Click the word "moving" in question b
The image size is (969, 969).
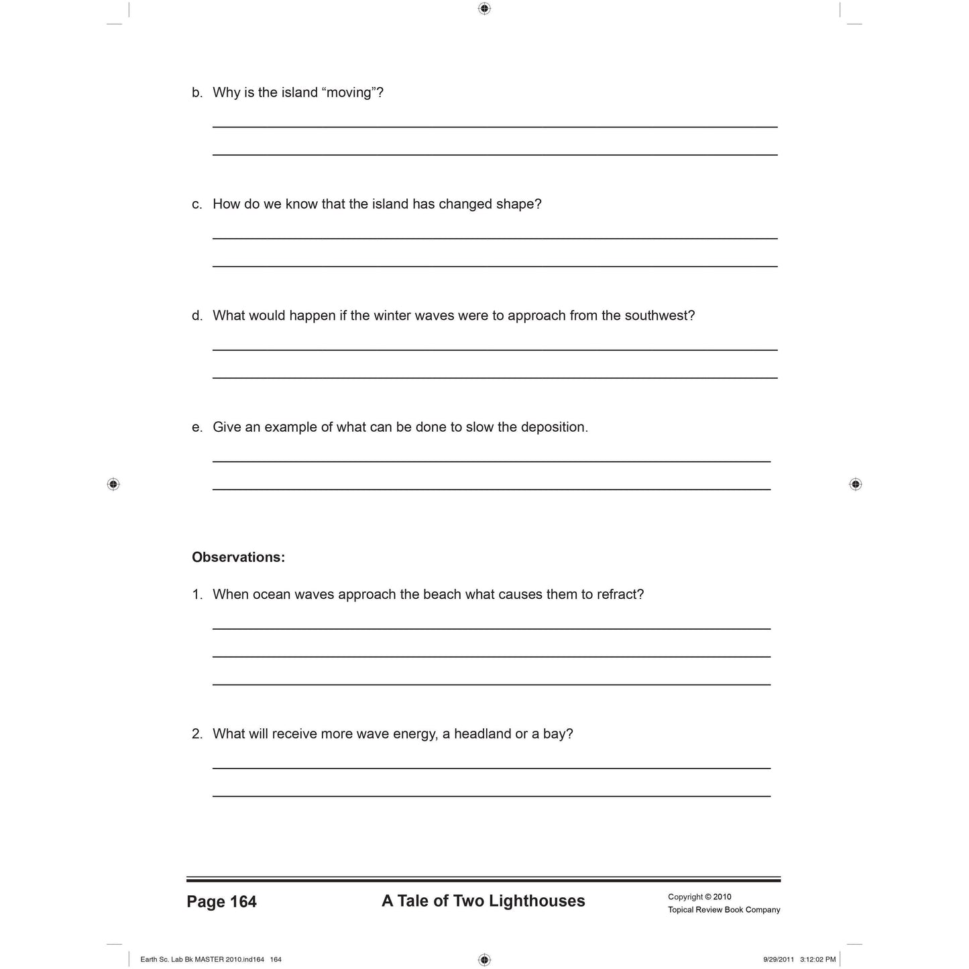point(349,93)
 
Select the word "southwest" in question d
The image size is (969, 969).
point(658,315)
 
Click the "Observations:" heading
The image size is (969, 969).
point(238,557)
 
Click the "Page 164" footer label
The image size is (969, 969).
point(221,902)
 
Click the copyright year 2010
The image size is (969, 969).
point(722,897)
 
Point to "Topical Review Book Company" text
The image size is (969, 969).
point(724,910)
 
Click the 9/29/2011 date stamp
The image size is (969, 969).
point(778,960)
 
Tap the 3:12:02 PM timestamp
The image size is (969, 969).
point(817,960)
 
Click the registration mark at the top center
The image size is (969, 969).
point(485,9)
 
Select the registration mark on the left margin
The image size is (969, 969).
point(113,484)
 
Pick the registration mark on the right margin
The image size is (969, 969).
point(855,484)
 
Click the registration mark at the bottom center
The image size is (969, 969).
point(485,960)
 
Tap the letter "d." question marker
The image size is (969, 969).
point(197,315)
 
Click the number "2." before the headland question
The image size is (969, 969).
point(197,734)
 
